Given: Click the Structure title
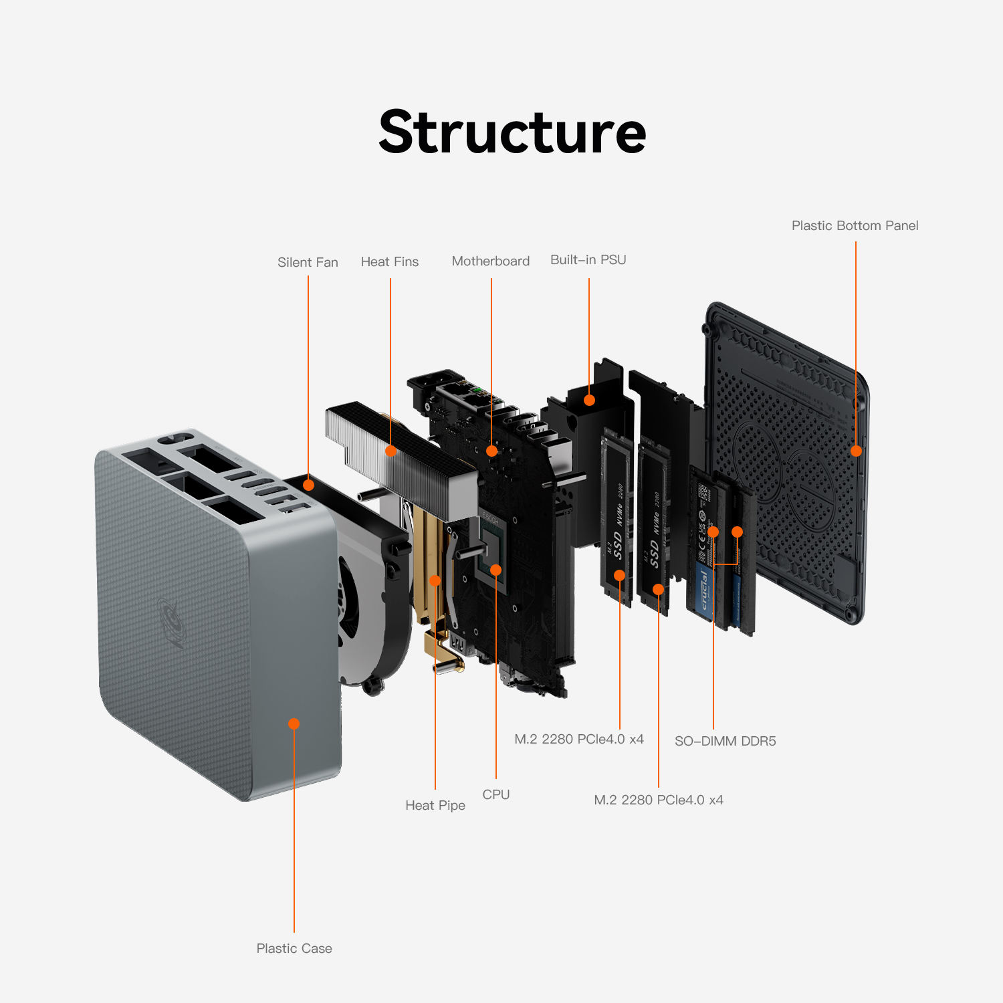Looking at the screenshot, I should point(512,132).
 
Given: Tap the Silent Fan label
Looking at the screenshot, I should point(308,262).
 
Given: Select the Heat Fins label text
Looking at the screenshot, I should point(389,261).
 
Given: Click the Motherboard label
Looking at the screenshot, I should point(490,261).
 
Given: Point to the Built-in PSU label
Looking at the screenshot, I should point(588,259).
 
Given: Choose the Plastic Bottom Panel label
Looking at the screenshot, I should point(855,225).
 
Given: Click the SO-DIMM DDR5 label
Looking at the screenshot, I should point(725,741).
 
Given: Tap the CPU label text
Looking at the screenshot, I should point(495,794).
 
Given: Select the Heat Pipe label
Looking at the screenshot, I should point(435,805).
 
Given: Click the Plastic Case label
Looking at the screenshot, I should point(294,948).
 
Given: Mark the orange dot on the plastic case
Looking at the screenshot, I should point(294,723).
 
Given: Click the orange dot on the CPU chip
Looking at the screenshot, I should point(495,570).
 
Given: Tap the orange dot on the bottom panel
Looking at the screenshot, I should point(856,451).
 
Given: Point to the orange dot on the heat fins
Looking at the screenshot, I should point(391,451).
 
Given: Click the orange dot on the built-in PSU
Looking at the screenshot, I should point(589,400).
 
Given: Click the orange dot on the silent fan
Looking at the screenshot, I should point(308,485).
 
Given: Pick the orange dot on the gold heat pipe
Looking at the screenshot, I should point(435,580).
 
